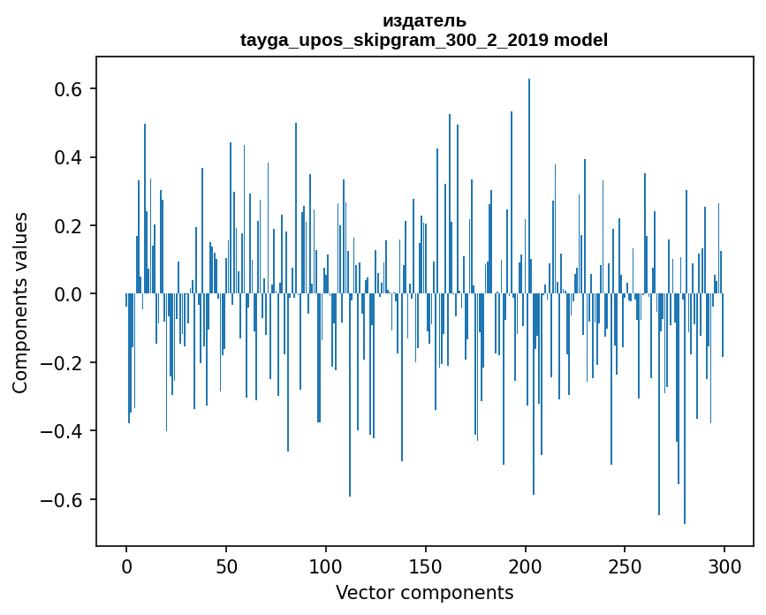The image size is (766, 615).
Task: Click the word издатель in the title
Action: pos(424,21)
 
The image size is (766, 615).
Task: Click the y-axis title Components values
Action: pos(20,303)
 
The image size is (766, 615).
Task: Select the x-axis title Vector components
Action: pos(424,593)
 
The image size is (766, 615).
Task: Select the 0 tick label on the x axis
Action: pos(126,566)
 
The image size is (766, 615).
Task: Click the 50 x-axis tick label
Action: pos(226,566)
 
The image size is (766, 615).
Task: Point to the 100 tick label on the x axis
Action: pos(326,566)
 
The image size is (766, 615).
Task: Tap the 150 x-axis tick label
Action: pos(426,566)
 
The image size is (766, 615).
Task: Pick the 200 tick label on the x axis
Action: pos(526,566)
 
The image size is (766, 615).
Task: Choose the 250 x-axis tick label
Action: pos(626,566)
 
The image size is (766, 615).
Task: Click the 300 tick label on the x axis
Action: pos(724,566)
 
